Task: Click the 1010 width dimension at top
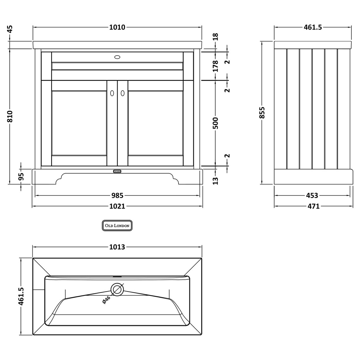(x=117, y=27)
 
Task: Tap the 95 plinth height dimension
(x=21, y=176)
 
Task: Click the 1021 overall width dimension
(x=117, y=206)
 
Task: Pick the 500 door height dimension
(x=216, y=123)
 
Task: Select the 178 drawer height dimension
(x=216, y=66)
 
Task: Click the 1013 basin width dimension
(x=117, y=247)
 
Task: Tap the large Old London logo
(x=117, y=226)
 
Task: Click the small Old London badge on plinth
(x=117, y=171)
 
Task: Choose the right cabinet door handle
(x=123, y=93)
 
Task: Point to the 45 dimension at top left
(x=10, y=29)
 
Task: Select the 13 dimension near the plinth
(x=216, y=180)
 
